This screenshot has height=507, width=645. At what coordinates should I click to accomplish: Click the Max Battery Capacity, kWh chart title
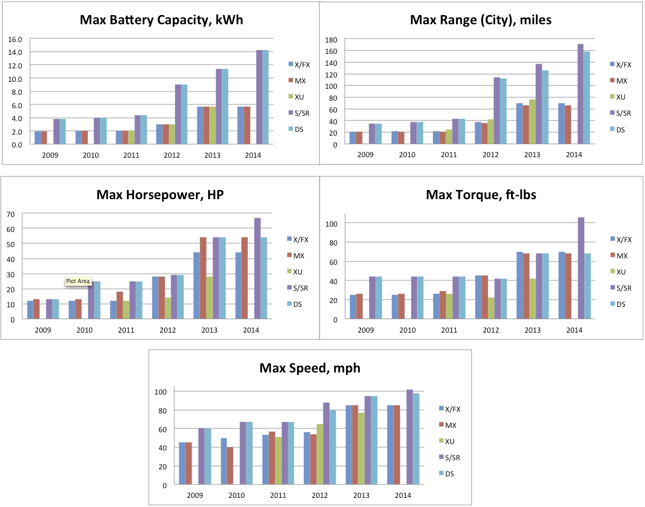coord(161,20)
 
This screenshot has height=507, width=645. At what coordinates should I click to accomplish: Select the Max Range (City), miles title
coord(480,20)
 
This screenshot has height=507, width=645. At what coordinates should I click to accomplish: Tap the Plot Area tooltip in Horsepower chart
coord(78,281)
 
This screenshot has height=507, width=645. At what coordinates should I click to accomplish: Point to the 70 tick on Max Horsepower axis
coord(10,214)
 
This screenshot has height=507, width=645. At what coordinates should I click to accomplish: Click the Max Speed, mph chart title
coord(310,368)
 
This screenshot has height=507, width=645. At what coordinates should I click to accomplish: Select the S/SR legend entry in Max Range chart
coord(623,113)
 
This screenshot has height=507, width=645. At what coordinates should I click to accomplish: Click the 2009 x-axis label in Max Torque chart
coord(365,329)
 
